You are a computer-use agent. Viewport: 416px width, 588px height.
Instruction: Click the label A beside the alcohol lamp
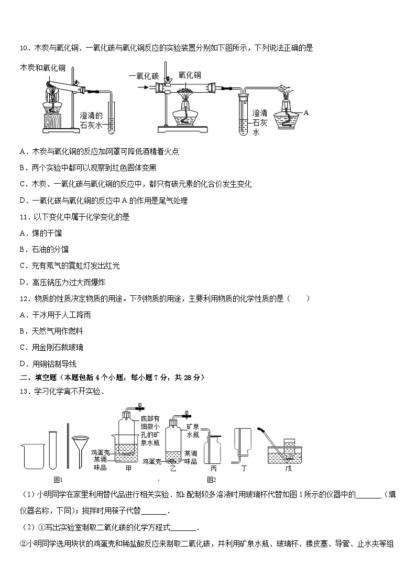coord(306,113)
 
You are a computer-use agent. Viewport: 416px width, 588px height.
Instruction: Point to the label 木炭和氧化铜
coord(42,68)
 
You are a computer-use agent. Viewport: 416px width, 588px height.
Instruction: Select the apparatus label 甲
coord(129,468)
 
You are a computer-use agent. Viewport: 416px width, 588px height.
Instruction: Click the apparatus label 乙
coord(174,468)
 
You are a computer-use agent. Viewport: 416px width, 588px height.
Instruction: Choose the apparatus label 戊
coord(288,468)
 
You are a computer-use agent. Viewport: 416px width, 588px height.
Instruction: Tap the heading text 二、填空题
coord(40,378)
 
